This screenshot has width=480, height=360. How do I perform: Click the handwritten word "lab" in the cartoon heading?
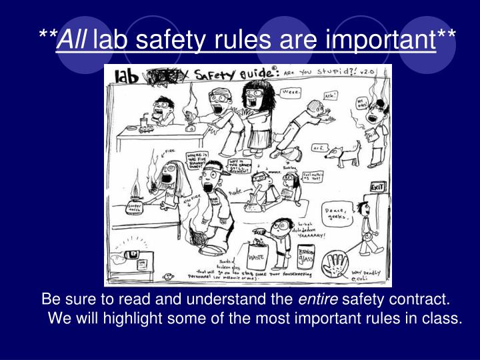click(127, 76)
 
